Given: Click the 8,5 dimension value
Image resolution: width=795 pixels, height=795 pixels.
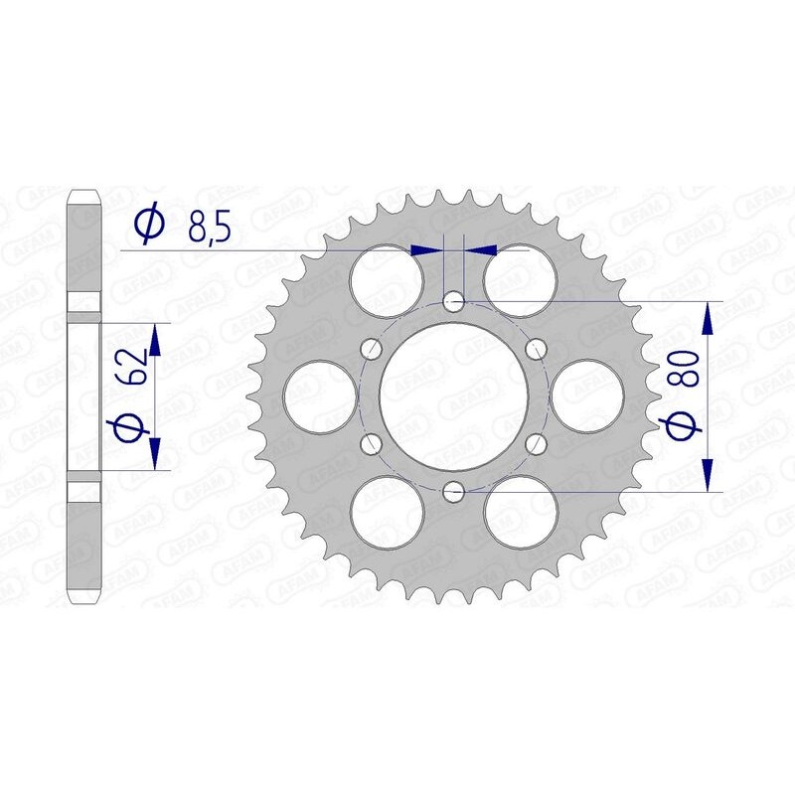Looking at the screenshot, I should [x=208, y=230].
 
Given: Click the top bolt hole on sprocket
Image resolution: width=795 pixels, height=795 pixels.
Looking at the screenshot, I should [x=454, y=299].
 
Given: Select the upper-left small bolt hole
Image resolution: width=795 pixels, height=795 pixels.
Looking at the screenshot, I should [x=372, y=348].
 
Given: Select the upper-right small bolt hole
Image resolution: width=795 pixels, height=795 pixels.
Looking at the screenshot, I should [x=538, y=348].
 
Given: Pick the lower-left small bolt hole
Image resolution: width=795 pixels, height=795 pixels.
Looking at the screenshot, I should [x=372, y=442].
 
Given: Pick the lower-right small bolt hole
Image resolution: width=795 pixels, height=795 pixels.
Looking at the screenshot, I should [x=538, y=442].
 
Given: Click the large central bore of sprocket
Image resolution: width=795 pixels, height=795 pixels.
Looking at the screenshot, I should [x=454, y=395].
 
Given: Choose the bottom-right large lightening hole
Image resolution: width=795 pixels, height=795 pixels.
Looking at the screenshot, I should [x=521, y=511].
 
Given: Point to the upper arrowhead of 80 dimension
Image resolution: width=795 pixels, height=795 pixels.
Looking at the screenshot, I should [x=709, y=316].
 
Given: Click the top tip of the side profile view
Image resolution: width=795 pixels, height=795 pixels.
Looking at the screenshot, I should [x=84, y=190].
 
